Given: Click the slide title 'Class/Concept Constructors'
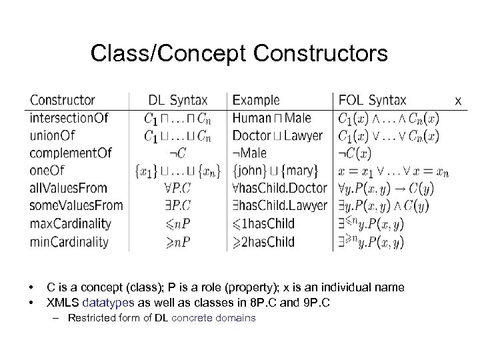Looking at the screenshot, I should [x=239, y=53].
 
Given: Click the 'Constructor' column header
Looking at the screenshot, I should [x=63, y=101].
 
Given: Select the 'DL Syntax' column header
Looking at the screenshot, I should [x=177, y=101].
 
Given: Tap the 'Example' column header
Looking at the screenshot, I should [x=257, y=101].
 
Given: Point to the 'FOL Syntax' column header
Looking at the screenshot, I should [x=373, y=101].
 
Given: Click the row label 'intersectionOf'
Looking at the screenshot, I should [x=69, y=119].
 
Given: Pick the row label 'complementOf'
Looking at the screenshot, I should [x=71, y=153].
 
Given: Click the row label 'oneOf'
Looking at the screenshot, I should [x=47, y=171].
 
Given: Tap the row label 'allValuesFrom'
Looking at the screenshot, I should [x=69, y=188].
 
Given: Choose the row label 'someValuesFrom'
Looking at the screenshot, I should [x=76, y=205].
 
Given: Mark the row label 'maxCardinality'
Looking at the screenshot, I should [x=70, y=223].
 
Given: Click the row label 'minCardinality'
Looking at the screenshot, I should [x=69, y=241].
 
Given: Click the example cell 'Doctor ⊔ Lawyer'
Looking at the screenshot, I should [x=277, y=136].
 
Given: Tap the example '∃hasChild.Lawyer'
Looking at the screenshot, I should [x=280, y=205].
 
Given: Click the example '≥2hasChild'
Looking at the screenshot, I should [x=263, y=241].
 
